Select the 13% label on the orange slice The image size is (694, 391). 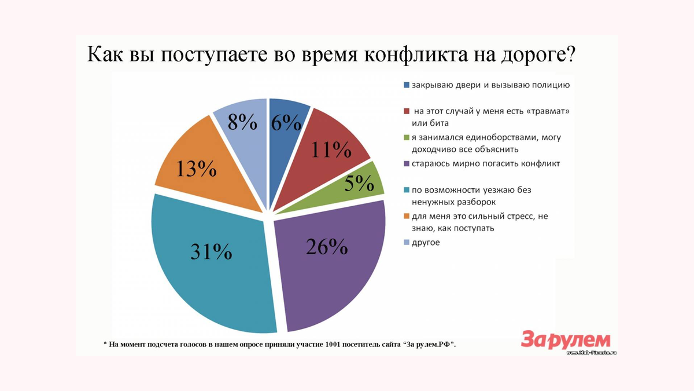[196, 169]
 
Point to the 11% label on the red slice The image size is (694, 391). [331, 149]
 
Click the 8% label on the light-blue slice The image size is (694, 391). [242, 122]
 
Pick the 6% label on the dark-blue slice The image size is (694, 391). [286, 123]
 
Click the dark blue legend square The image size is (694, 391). [407, 86]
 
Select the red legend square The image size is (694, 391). [407, 111]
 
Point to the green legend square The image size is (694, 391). [407, 138]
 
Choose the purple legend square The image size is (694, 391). [407, 164]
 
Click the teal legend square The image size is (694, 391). [407, 190]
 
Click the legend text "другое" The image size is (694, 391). [426, 242]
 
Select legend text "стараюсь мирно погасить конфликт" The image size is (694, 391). [486, 163]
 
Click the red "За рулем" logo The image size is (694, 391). [565, 338]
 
